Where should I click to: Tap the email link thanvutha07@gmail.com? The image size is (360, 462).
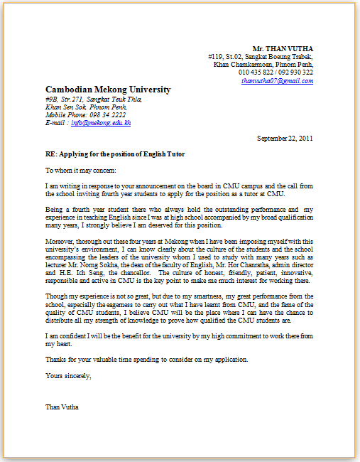[277, 81]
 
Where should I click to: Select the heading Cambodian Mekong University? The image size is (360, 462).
[108, 90]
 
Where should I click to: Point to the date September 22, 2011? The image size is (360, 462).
[285, 138]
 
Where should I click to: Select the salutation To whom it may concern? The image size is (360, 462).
[75, 171]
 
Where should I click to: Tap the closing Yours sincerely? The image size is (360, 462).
[68, 375]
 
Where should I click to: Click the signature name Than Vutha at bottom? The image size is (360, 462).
[62, 407]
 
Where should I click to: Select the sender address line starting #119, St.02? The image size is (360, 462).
[261, 56]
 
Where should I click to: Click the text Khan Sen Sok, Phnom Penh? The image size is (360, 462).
[79, 107]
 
